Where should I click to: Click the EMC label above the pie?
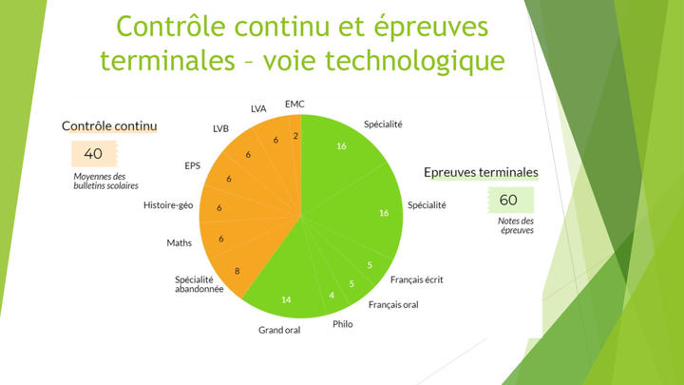coord(294,104)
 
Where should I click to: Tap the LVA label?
coord(258,108)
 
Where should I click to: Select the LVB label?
coord(220,128)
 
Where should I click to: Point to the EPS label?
coord(192,165)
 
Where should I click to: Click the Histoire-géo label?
coord(168,205)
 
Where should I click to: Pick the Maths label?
coord(179,242)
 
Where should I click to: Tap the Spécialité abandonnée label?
coord(199,284)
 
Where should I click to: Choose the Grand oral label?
coord(279,330)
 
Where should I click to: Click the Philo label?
coord(342,324)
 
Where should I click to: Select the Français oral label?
coord(393,305)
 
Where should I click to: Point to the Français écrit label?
coord(417,279)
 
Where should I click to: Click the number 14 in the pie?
coord(286,299)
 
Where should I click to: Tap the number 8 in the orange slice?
coord(237,271)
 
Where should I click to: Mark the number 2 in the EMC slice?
coord(295,136)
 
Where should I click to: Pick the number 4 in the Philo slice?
coord(332,296)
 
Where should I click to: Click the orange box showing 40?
coord(94,154)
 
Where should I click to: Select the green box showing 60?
coord(510,200)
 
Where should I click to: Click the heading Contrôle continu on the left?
coord(109,126)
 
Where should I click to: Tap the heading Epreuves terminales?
coord(481,172)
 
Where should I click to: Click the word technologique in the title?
coord(415,61)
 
